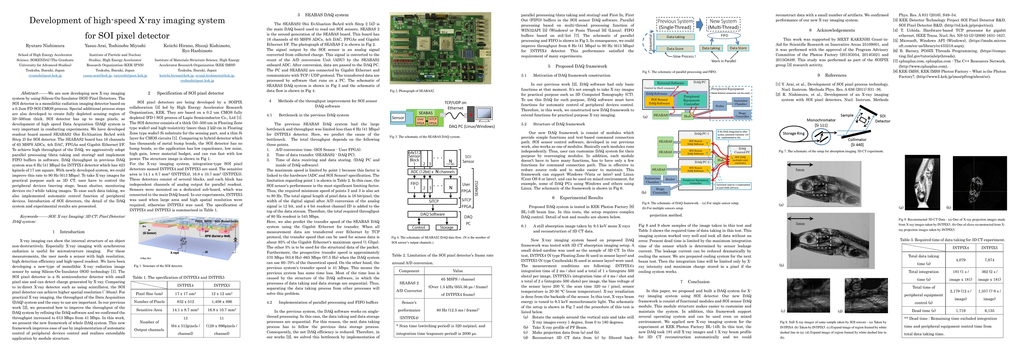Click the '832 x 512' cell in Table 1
tap(185, 301)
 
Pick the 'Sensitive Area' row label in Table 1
tap(149, 310)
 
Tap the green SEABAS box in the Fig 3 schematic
tap(426, 113)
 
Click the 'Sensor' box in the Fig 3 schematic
tap(398, 118)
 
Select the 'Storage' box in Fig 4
tap(447, 228)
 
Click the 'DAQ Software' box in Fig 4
tap(432, 214)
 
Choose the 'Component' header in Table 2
tap(409, 271)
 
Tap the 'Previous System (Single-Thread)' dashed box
tap(675, 24)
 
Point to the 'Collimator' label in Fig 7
tap(857, 139)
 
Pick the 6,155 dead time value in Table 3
tap(989, 310)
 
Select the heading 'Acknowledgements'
tap(836, 30)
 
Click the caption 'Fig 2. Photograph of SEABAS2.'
tap(412, 91)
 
